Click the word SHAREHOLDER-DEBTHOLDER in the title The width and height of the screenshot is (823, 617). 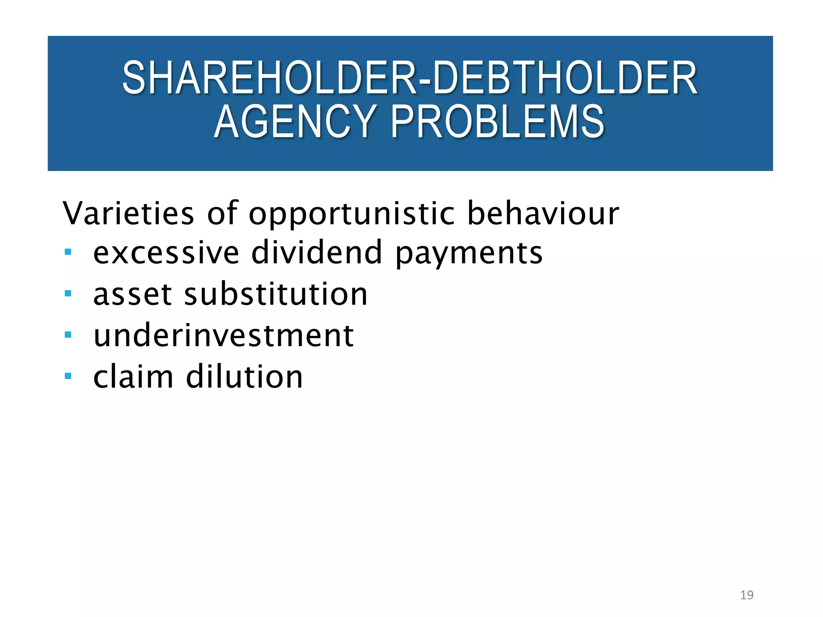coord(409,78)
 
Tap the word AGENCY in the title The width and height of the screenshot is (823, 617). coord(295,121)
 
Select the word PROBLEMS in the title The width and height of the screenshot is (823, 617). coord(497,121)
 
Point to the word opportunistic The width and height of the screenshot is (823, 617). coord(352,214)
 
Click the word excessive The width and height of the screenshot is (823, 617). coord(166,253)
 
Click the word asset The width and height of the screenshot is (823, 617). coord(132,294)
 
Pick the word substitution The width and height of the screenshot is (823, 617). coord(276,294)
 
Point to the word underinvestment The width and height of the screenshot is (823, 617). coord(223,335)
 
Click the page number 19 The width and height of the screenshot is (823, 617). coord(747,595)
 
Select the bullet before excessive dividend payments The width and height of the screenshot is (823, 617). coord(68,252)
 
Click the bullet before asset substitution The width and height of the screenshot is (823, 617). coord(68,294)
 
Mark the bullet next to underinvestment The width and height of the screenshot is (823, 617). coord(68,335)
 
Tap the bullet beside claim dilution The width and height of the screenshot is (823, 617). coord(68,376)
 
